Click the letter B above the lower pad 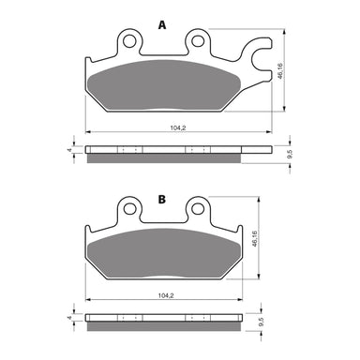coord(161,201)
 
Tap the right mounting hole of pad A coord(198,40)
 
